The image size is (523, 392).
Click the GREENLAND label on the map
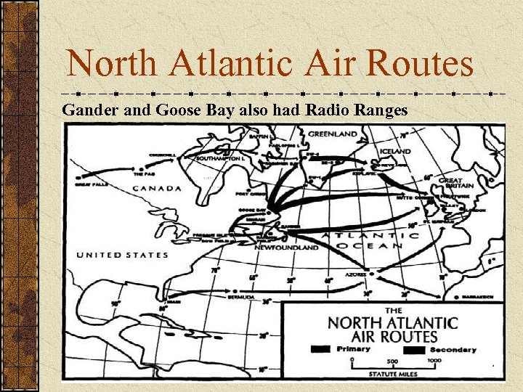point(333,134)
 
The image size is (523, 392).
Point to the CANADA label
point(156,189)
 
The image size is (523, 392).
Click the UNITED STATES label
point(123,255)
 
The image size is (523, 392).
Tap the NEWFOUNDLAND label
point(286,248)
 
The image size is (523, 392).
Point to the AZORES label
point(356,276)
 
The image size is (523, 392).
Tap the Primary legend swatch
point(319,349)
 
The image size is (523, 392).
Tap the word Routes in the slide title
point(420,64)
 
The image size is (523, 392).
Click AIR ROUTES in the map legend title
point(394,335)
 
